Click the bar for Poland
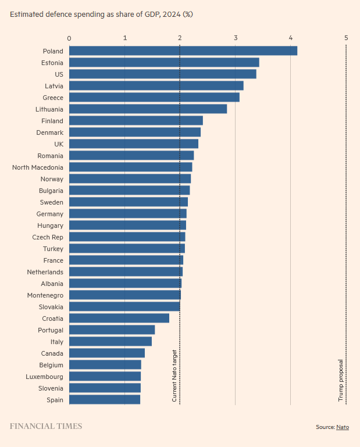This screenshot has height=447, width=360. click(x=183, y=51)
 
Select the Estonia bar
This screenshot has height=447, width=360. click(x=164, y=62)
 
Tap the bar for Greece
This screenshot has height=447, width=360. click(x=154, y=97)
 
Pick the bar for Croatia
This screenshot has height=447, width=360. click(x=119, y=318)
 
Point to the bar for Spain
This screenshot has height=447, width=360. click(x=105, y=399)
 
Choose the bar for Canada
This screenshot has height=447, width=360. click(x=107, y=353)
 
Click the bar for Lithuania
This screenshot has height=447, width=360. click(x=148, y=109)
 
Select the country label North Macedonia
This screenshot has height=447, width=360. click(x=38, y=167)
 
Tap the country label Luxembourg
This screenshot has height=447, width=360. click(x=45, y=377)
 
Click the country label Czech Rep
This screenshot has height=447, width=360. click(x=48, y=237)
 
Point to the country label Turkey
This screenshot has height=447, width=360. click(x=53, y=249)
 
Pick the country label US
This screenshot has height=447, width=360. click(x=59, y=74)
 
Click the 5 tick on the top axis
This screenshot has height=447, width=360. click(x=346, y=38)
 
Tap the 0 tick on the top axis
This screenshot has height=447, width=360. click(x=69, y=38)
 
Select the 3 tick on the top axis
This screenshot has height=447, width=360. click(x=236, y=38)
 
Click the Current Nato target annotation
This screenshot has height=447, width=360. click(x=174, y=376)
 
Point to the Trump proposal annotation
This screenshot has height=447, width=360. click(x=341, y=380)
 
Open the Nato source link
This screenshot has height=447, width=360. click(x=343, y=427)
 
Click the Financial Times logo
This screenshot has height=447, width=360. click(x=46, y=426)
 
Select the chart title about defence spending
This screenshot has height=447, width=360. click(x=101, y=15)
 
